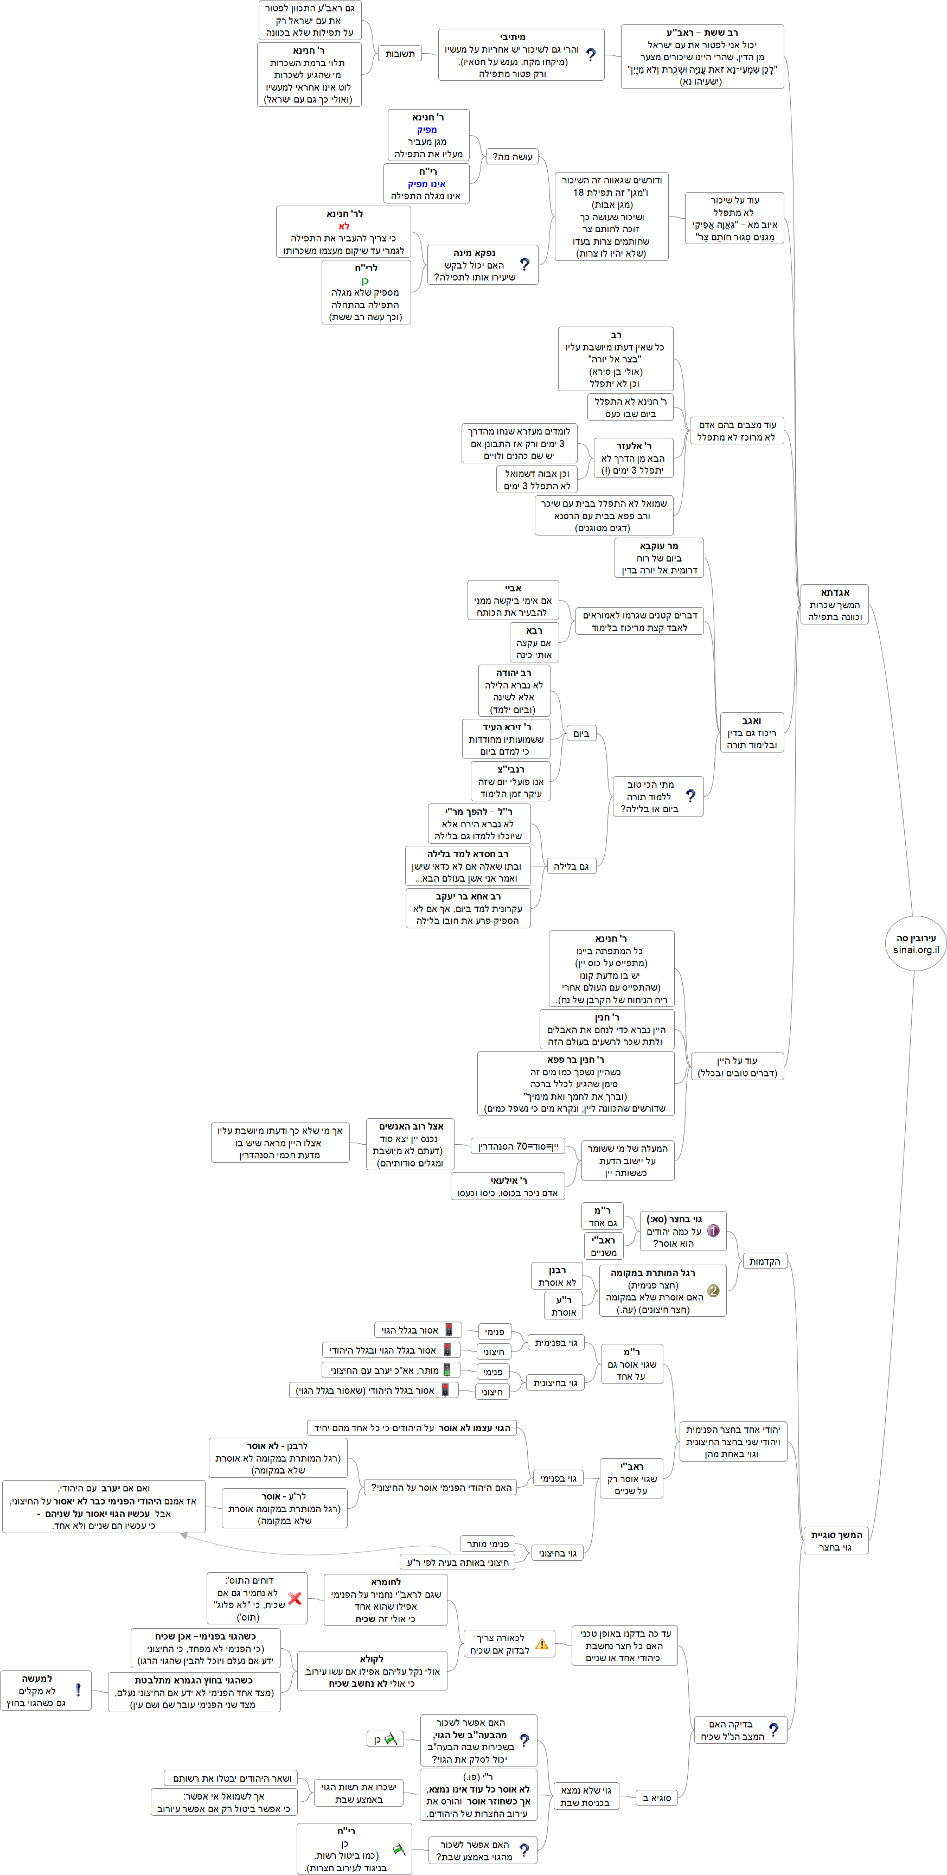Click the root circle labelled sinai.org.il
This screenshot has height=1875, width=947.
coord(915,943)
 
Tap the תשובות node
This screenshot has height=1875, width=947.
coord(400,53)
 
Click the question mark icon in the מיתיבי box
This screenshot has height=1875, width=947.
coord(590,55)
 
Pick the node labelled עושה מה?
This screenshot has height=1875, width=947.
coord(513,156)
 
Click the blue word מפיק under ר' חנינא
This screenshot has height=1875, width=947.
coord(427,130)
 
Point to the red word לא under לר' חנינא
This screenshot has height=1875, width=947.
coord(343,226)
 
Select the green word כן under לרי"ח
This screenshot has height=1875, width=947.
coord(366,280)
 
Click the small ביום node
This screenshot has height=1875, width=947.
coord(581,734)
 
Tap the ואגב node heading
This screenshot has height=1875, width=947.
coord(751,720)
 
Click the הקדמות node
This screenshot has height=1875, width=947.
coord(764,1261)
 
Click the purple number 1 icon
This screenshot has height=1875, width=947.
coord(713,1231)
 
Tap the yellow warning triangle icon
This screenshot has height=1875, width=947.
coord(541,1643)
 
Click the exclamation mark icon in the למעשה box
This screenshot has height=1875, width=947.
coord(78,1690)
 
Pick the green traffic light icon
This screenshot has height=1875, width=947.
coord(447,1370)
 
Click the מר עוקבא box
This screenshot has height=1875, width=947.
coord(659,558)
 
